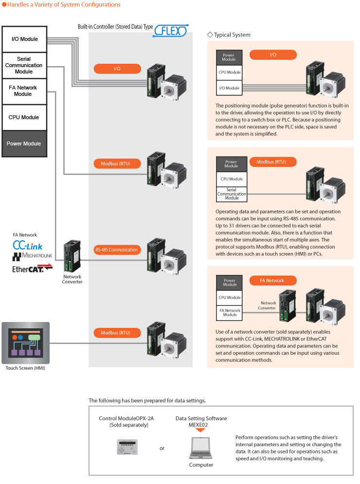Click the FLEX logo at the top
tap(170, 32)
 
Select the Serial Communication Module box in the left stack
tap(24, 65)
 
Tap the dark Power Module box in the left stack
tap(24, 143)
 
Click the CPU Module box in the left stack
tap(24, 117)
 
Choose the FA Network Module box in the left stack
tap(24, 91)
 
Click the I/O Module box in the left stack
tap(24, 39)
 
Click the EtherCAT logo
tap(32, 267)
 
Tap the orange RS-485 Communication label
tap(117, 250)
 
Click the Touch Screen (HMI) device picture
tap(25, 342)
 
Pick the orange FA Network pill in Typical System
tap(275, 280)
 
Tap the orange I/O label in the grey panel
tap(117, 69)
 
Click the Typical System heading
tap(232, 35)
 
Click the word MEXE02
tap(200, 425)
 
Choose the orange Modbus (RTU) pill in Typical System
tap(273, 162)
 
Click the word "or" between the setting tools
tap(162, 448)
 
